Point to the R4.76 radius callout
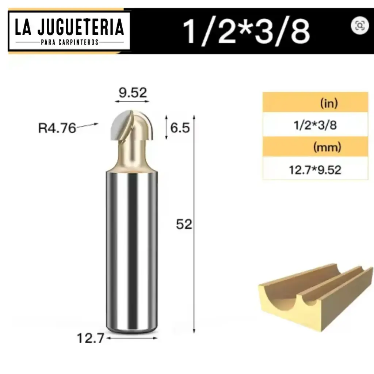click(x=57, y=128)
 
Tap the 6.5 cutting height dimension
click(x=180, y=128)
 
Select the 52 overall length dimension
click(x=184, y=224)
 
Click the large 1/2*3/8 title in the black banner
click(x=247, y=31)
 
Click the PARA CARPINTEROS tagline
click(x=69, y=42)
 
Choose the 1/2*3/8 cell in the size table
click(x=315, y=125)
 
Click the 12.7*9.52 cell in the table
click(x=315, y=169)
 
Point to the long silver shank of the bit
click(x=132, y=248)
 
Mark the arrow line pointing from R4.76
click(x=88, y=126)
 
